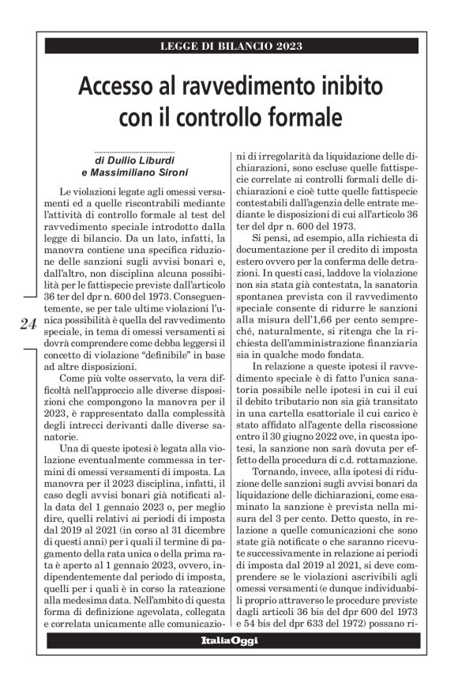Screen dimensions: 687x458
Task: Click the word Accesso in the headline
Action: [x=122, y=86]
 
